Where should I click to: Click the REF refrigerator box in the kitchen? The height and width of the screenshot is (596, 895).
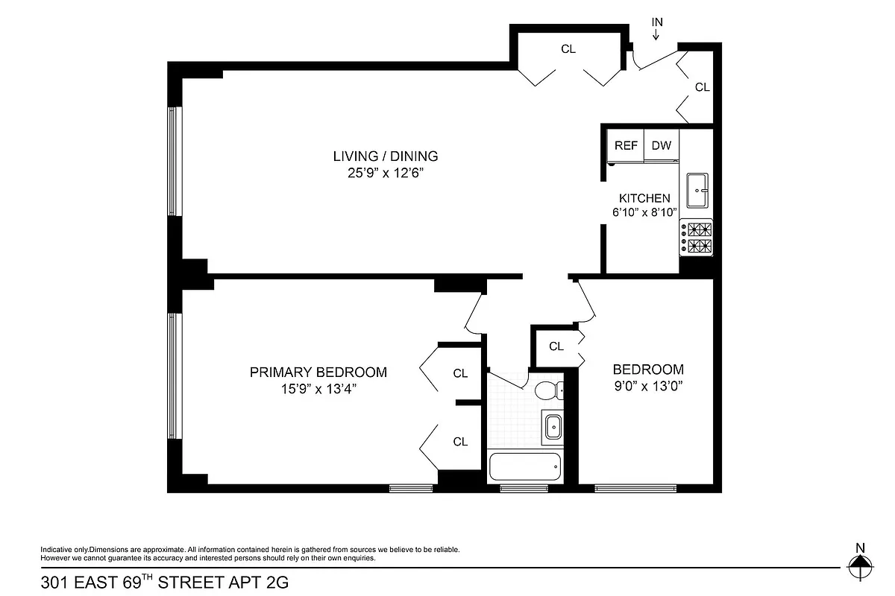[626, 146]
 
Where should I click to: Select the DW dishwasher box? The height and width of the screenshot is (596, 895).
[661, 146]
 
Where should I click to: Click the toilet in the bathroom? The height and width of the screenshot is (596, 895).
[548, 390]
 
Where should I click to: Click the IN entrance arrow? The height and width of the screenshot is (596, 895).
[657, 30]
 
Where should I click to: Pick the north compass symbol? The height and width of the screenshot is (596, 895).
[860, 566]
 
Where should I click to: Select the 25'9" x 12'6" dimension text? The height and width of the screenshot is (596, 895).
[385, 173]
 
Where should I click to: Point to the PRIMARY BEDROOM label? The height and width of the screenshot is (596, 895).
[318, 372]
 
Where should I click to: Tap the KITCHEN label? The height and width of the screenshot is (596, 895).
[644, 198]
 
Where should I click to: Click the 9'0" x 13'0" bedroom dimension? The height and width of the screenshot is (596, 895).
[648, 386]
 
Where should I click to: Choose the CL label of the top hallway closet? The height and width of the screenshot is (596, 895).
[568, 49]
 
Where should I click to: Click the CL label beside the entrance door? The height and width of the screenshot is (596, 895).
[702, 87]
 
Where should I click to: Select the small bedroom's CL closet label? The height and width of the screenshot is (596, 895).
[556, 346]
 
